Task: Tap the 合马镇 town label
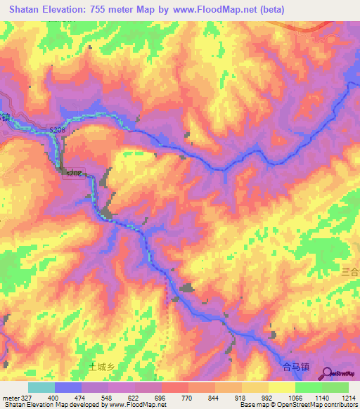tap(295, 366)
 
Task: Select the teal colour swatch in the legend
tap(41, 387)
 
